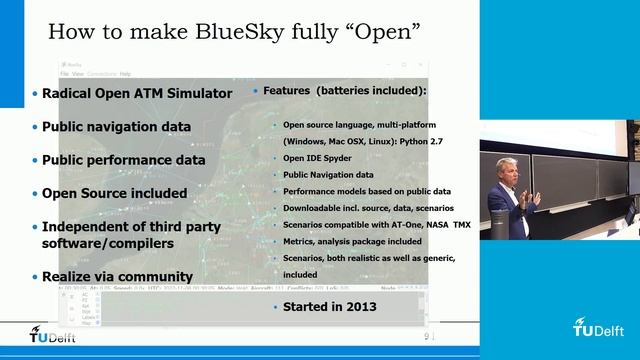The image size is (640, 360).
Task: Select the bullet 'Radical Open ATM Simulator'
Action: click(x=137, y=94)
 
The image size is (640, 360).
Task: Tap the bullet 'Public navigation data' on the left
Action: click(x=116, y=127)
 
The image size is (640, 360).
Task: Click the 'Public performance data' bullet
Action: click(x=123, y=159)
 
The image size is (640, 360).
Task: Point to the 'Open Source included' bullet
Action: click(x=114, y=192)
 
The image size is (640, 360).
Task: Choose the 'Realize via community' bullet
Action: click(x=116, y=275)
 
